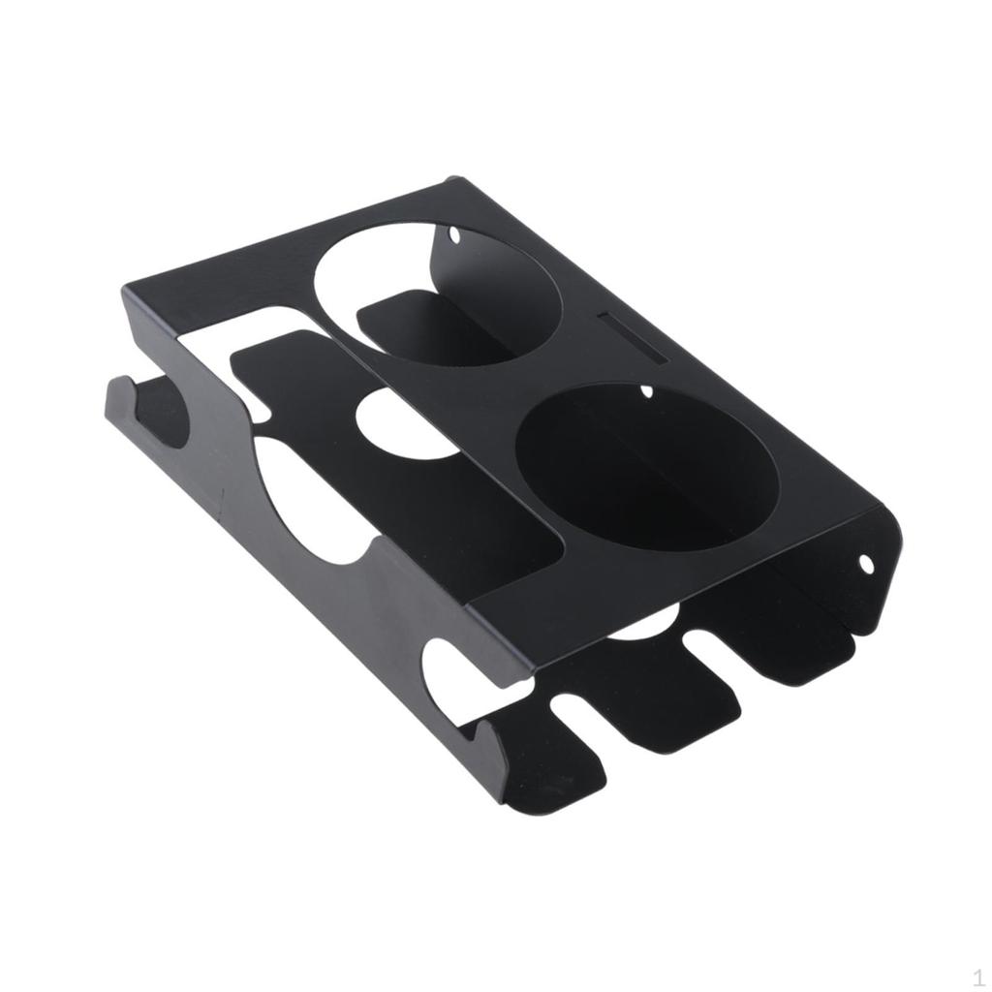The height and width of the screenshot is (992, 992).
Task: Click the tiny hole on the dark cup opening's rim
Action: pyautogui.click(x=646, y=392)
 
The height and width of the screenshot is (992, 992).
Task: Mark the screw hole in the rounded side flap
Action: pyautogui.click(x=865, y=561)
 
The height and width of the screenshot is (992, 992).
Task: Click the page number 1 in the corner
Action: pyautogui.click(x=979, y=976)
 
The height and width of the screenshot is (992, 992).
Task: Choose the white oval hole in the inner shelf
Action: pyautogui.click(x=402, y=426)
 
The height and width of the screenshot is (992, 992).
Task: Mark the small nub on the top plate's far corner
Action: pyautogui.click(x=453, y=179)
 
